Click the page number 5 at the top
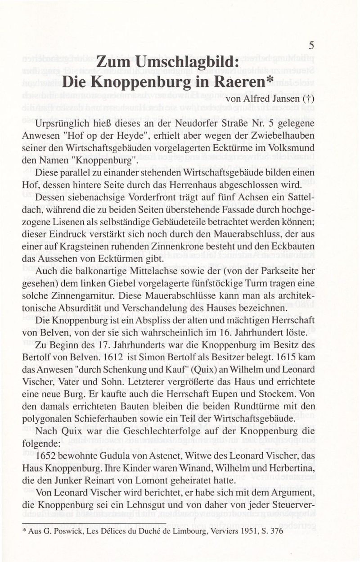tap(311, 45)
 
